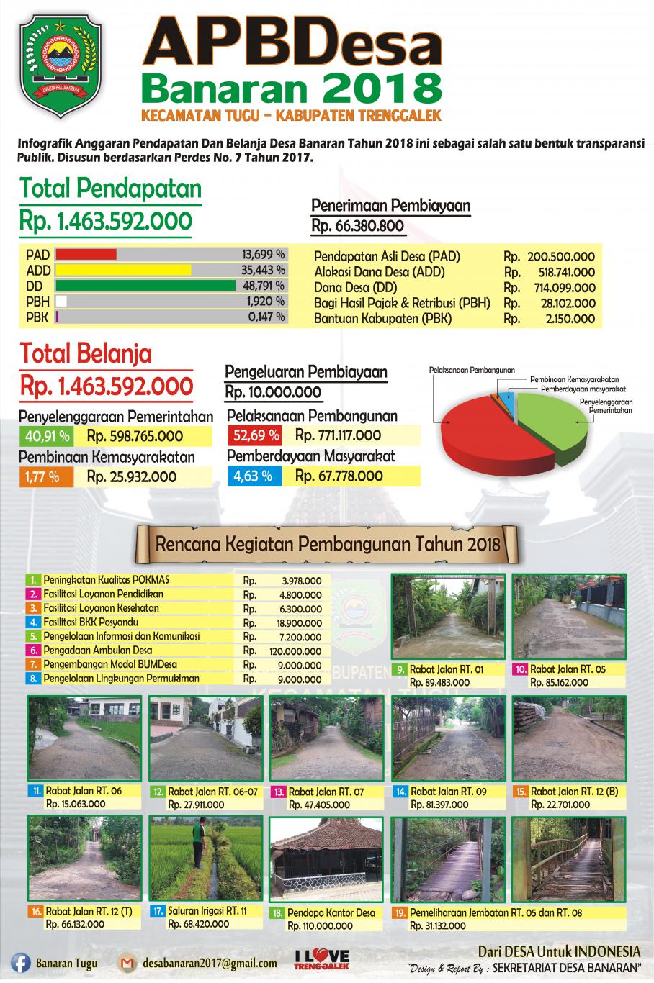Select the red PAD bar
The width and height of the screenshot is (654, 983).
tap(86, 255)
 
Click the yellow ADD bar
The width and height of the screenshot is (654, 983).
tap(123, 270)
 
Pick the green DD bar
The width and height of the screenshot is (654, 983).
tap(145, 286)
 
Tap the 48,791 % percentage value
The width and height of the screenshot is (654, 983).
tap(263, 286)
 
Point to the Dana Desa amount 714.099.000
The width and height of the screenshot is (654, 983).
tap(567, 288)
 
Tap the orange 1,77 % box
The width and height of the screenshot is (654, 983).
tap(45, 476)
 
